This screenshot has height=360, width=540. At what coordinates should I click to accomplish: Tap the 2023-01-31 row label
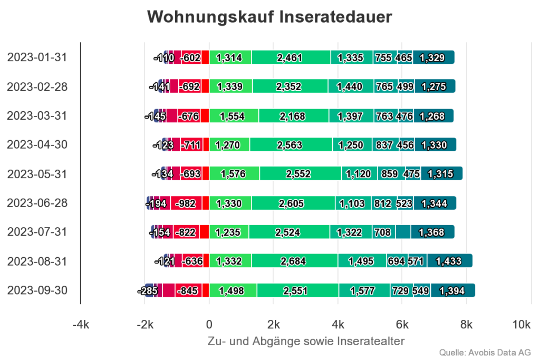[x=37, y=57]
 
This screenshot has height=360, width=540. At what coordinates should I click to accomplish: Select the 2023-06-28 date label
[x=37, y=203]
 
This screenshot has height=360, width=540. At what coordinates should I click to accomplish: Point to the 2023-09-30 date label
[x=37, y=290]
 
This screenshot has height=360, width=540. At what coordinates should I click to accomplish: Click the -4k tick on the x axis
[x=80, y=325]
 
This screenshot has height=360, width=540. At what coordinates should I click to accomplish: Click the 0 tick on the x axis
[x=209, y=325]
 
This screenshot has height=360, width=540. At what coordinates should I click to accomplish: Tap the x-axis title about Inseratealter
[x=307, y=341]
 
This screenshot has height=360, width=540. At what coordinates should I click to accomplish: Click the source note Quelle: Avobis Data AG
[x=485, y=352]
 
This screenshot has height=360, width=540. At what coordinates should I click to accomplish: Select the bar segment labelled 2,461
[x=291, y=57]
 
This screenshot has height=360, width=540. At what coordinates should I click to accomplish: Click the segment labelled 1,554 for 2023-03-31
[x=233, y=116]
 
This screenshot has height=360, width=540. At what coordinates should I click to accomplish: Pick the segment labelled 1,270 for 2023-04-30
[x=229, y=145]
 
